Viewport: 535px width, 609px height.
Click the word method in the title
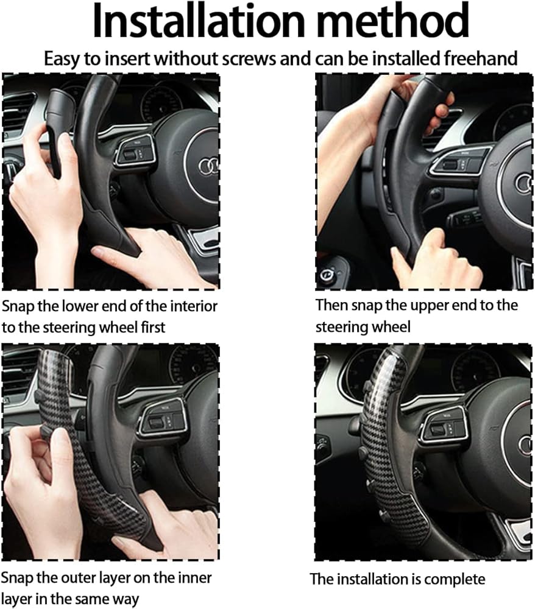point(392,21)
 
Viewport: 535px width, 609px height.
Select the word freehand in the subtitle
point(480,58)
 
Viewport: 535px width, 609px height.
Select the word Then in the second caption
point(331,305)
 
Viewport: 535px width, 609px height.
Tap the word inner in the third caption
point(194,578)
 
